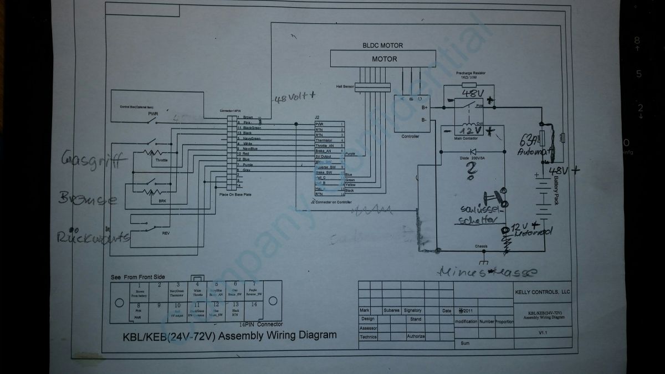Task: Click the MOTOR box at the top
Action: point(384,59)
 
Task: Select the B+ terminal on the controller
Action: point(424,107)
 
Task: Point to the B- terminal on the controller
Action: point(424,120)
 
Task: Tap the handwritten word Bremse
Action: point(89,199)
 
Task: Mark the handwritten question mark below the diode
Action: point(470,173)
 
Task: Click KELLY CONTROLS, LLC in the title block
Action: point(542,291)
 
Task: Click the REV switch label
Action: point(166,233)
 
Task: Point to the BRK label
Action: point(162,201)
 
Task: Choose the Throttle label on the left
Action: point(161,160)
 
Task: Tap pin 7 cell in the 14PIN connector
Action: point(254,289)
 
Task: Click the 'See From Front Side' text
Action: point(137,277)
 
